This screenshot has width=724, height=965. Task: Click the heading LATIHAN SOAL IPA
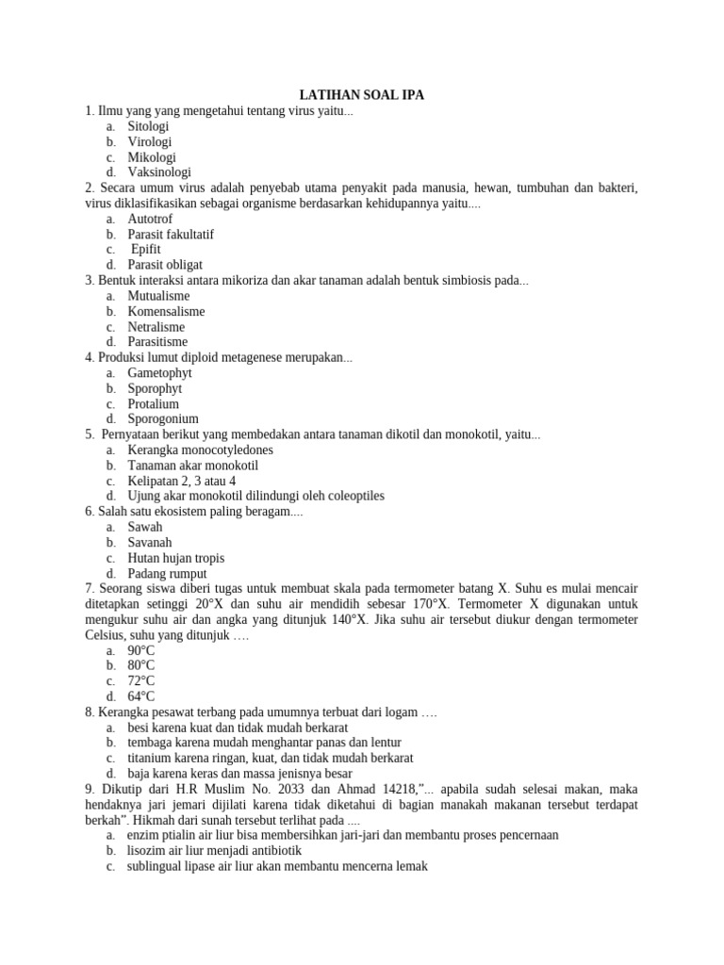tap(362, 95)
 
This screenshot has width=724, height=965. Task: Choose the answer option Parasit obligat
tap(165, 265)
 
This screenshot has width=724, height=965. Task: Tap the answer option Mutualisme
tap(158, 296)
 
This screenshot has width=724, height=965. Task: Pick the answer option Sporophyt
tap(155, 388)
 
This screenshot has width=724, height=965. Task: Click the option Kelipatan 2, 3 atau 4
tap(182, 481)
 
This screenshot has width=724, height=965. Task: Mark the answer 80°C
tap(141, 665)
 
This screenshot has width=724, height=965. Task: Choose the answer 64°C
tap(141, 696)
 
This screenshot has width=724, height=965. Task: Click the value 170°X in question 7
tap(436, 604)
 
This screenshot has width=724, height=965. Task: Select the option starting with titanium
tap(270, 758)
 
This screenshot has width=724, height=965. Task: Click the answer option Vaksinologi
tap(159, 172)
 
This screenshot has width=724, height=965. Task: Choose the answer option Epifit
tap(146, 250)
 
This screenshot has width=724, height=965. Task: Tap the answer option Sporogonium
tap(163, 418)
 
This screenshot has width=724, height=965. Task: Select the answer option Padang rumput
tap(167, 573)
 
